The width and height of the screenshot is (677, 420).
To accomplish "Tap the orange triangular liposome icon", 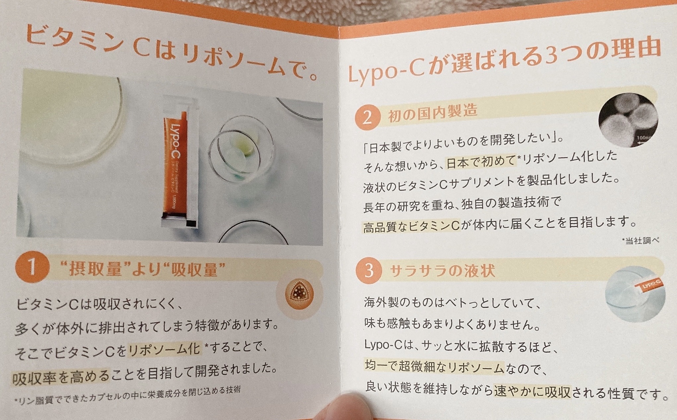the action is click(x=299, y=294).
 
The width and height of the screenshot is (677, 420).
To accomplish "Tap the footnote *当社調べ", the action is click(x=640, y=241).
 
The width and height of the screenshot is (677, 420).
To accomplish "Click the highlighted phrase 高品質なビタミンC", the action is click(x=411, y=227).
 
